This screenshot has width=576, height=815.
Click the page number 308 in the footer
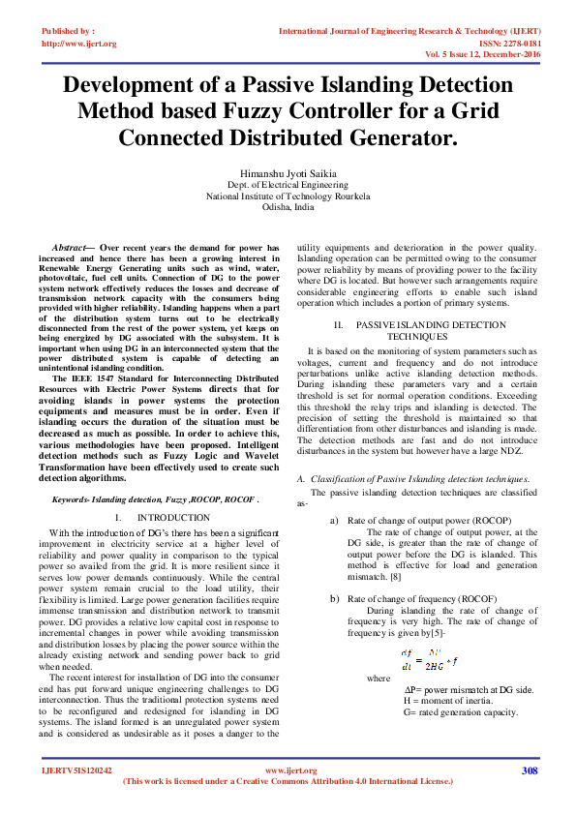click(529, 770)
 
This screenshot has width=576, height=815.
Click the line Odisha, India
click(288, 207)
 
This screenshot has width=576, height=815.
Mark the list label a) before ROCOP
click(336, 520)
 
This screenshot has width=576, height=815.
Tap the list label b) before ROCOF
click(336, 599)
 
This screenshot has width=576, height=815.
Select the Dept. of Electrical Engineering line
click(288, 183)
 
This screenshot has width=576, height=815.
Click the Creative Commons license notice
click(288, 781)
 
